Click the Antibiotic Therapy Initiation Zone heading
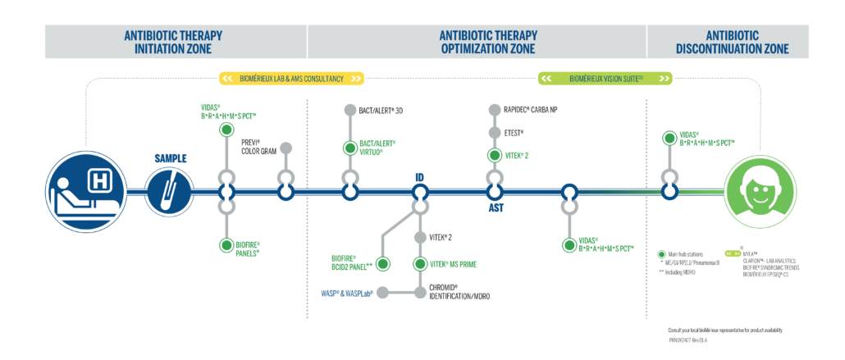(173, 42)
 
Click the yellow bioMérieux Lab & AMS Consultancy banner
(291, 79)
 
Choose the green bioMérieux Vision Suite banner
(605, 79)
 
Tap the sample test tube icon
(169, 191)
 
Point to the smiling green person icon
(760, 191)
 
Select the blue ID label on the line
(419, 175)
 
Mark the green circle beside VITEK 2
(495, 155)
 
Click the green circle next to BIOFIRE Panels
(226, 245)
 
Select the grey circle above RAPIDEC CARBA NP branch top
(495, 109)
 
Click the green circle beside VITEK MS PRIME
(420, 264)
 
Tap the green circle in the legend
(661, 253)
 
